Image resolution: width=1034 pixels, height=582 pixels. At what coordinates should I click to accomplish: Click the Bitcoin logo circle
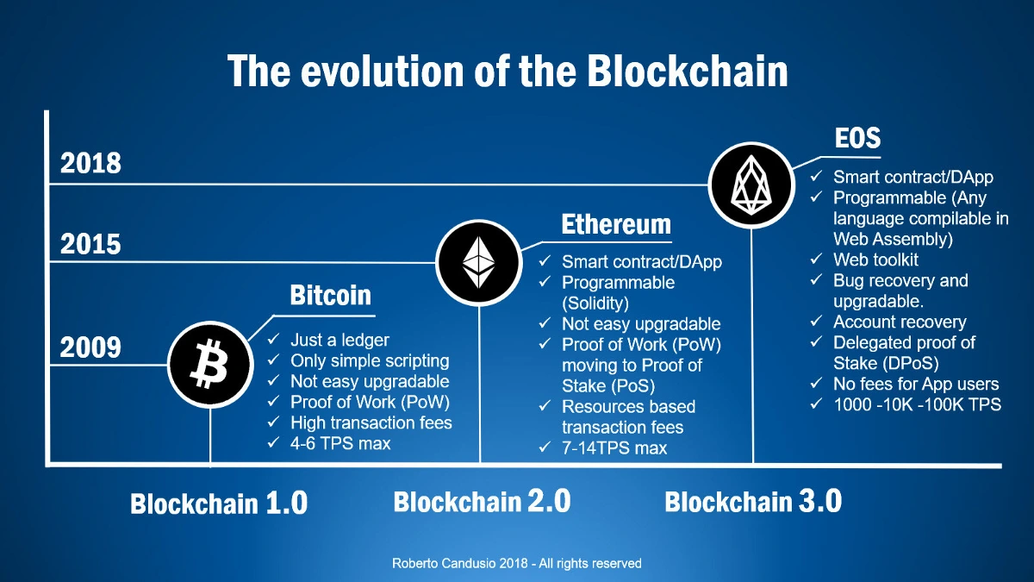(x=210, y=365)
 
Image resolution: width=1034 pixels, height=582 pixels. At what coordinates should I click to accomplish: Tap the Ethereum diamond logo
(x=479, y=263)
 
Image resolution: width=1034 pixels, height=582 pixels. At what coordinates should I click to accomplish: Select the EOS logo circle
(x=751, y=185)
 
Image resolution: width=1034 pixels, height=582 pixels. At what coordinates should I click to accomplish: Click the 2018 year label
(x=90, y=163)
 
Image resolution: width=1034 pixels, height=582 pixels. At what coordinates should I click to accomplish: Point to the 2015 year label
(x=90, y=244)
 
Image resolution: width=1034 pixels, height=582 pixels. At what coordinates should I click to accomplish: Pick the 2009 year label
(x=90, y=347)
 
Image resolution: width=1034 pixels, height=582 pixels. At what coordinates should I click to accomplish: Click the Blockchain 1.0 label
(x=219, y=503)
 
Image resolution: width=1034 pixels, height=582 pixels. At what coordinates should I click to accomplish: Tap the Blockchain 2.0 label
(x=482, y=501)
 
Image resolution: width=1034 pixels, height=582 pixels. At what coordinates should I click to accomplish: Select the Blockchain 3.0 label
(x=753, y=501)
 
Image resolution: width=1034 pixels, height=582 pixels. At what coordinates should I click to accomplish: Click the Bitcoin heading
(x=331, y=295)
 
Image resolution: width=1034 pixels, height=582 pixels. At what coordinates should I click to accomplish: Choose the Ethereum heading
(x=616, y=224)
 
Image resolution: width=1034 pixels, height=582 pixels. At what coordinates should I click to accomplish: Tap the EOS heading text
(x=857, y=138)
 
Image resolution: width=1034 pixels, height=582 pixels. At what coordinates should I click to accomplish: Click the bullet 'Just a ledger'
(x=339, y=340)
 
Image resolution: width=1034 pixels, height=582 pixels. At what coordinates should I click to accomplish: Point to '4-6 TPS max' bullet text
(x=340, y=443)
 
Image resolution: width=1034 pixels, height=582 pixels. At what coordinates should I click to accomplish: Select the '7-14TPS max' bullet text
(x=614, y=448)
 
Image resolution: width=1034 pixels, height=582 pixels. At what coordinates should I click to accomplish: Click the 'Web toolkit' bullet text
(x=875, y=260)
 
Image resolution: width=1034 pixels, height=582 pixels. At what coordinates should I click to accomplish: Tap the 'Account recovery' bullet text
(x=900, y=322)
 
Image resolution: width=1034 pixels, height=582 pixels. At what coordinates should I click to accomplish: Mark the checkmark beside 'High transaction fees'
(x=273, y=422)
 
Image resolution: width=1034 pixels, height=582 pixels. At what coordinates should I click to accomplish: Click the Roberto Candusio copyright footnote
(x=516, y=563)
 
